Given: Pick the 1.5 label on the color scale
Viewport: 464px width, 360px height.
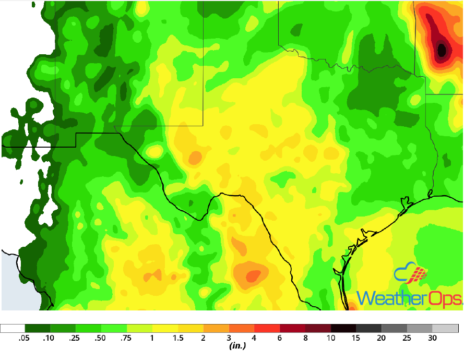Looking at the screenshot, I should coord(177,338).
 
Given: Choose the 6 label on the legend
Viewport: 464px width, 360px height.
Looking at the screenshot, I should coord(280,338).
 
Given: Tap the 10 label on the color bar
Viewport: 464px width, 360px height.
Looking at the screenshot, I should coord(331,338).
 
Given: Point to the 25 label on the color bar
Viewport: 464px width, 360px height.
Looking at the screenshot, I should coord(407,338).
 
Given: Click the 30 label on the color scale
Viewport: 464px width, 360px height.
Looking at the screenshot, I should coord(433,338).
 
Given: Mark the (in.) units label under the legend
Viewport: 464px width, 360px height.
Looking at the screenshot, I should coord(237,346).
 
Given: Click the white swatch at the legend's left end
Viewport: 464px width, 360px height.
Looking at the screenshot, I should coord(13,329).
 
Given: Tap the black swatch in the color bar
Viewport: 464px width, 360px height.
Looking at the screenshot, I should coord(344,329).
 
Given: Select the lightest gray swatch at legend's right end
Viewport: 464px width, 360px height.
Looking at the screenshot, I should coord(445,329).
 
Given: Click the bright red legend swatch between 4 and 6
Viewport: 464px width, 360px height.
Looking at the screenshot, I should coord(267,329).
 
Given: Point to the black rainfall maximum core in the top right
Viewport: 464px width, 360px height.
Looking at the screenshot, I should coord(442,51).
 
